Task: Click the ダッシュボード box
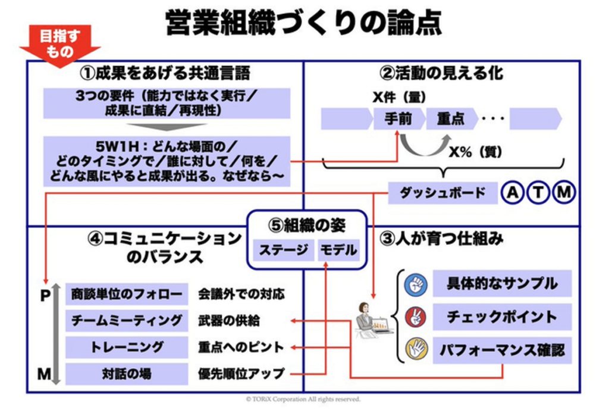pyautogui.click(x=442, y=193)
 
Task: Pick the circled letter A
pyautogui.click(x=511, y=193)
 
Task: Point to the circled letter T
pyautogui.click(x=537, y=193)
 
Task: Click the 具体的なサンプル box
pyautogui.click(x=502, y=284)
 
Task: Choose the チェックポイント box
pyautogui.click(x=502, y=317)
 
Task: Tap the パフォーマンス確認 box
pyautogui.click(x=502, y=349)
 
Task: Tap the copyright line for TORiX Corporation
pyautogui.click(x=303, y=400)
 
